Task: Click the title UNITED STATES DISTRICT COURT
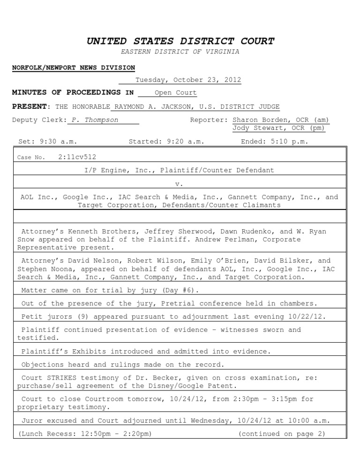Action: [x=180, y=41]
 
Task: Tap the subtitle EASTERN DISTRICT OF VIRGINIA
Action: [x=180, y=52]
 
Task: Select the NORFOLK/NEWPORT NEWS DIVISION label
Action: [x=73, y=68]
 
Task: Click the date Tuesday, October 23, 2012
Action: [x=188, y=80]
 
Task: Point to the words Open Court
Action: [x=176, y=93]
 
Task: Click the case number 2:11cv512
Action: [x=77, y=158]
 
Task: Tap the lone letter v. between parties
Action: [x=180, y=184]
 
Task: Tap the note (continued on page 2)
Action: [x=282, y=434]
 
